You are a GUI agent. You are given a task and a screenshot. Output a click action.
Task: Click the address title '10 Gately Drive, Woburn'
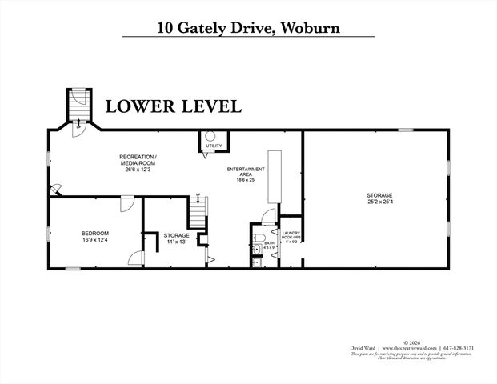(248, 27)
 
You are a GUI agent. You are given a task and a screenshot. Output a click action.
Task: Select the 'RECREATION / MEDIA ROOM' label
(138, 160)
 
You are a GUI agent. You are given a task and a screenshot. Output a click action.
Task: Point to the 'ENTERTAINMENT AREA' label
(245, 174)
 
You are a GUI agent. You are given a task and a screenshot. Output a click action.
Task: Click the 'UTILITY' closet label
(214, 146)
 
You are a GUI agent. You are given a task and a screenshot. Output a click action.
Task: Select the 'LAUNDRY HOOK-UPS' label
(291, 235)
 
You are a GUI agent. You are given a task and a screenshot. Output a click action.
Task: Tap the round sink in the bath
(255, 250)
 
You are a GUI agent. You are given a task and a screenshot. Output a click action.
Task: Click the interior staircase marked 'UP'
(198, 213)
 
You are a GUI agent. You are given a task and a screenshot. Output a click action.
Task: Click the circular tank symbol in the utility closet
(211, 136)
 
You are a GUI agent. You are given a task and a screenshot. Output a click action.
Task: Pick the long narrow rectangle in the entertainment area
(275, 175)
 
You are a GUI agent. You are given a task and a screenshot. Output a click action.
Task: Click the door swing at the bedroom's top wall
(126, 205)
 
